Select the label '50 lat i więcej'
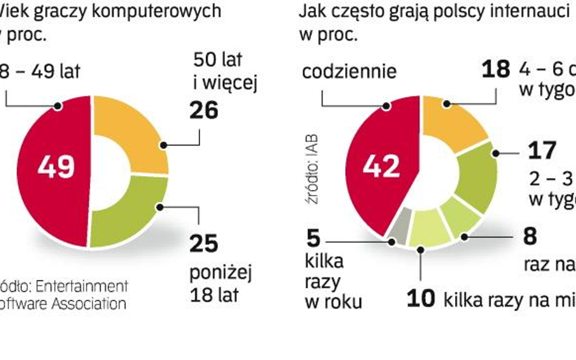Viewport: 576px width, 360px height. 225,71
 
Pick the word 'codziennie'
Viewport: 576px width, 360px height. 349,72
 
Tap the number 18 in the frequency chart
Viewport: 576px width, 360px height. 495,69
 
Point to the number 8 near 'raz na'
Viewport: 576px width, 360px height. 530,236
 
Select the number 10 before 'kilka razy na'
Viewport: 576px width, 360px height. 421,299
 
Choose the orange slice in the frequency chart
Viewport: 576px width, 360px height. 453,121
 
